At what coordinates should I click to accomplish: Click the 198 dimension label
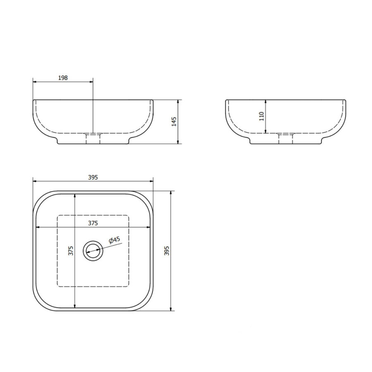click(x=63, y=77)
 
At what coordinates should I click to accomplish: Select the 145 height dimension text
click(x=174, y=122)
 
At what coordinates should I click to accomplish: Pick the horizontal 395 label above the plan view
click(x=93, y=177)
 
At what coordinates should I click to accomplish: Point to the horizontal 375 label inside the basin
click(x=93, y=223)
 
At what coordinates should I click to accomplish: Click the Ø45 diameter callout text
click(x=114, y=240)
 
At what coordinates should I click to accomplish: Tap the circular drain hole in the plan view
click(x=93, y=250)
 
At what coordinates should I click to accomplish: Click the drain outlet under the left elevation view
click(x=93, y=138)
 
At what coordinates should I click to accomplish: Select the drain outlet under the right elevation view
click(x=286, y=138)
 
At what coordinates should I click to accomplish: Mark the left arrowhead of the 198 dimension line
click(x=34, y=81)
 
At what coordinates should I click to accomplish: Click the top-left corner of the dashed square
click(x=57, y=215)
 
